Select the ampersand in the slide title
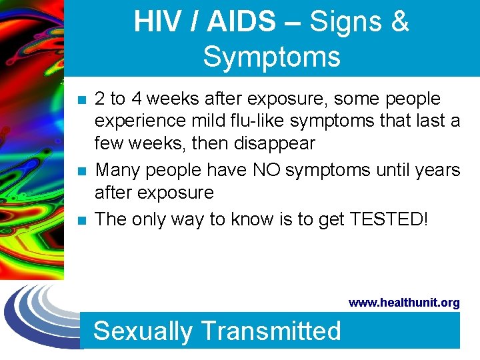399,22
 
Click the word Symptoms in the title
271,57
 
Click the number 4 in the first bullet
136,99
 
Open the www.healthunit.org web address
404,303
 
